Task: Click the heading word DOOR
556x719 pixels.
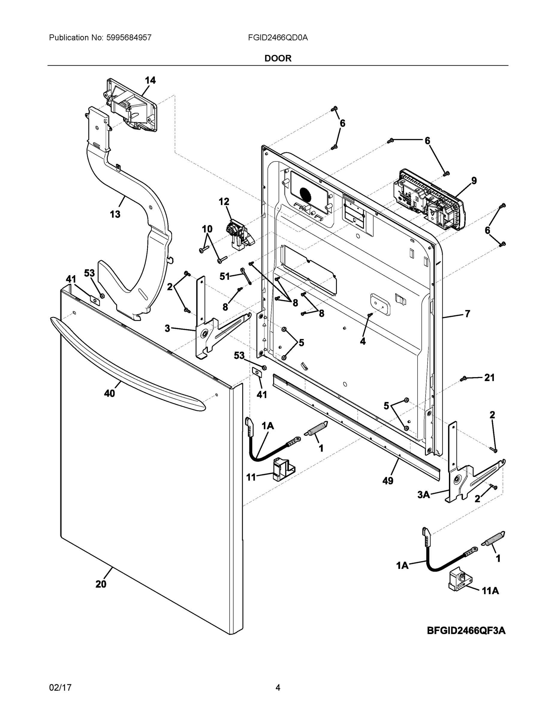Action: (x=278, y=58)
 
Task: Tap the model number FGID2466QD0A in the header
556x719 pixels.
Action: (x=278, y=37)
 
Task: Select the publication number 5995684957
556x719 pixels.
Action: (x=129, y=37)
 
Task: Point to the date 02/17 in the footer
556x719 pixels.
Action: (x=60, y=688)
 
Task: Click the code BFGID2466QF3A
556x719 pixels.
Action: (x=466, y=630)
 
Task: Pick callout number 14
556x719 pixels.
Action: (x=150, y=80)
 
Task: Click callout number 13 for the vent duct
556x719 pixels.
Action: (x=115, y=214)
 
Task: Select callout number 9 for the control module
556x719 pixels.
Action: (x=474, y=180)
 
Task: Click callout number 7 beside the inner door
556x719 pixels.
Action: (x=467, y=314)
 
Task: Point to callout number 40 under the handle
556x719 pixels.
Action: (x=109, y=393)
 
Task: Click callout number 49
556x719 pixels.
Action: (x=388, y=481)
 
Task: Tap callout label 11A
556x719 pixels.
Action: (x=490, y=591)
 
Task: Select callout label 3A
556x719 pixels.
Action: (x=424, y=495)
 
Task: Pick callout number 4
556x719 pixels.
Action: (x=363, y=342)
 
